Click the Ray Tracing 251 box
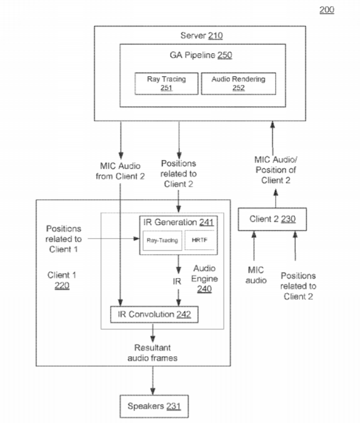coord(166,84)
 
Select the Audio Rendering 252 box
coord(239,84)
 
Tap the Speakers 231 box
coord(154,406)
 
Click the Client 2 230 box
coord(272,219)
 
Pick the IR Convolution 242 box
coord(154,314)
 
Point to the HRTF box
coord(200,240)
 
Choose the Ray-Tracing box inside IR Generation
coord(162,241)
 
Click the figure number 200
coord(327,10)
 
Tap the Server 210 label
coord(202,36)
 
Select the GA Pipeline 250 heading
coord(201,55)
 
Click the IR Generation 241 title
coord(178,222)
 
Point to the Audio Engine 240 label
coord(204,279)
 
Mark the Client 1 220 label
coord(62,280)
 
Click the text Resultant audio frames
coord(152,352)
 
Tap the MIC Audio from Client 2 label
coord(120,171)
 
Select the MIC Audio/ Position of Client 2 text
coord(276,170)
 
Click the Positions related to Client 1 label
coord(63,239)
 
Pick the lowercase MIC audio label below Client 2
coord(256,275)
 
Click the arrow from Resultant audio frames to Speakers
coord(152,381)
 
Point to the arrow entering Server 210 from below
coord(272,138)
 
